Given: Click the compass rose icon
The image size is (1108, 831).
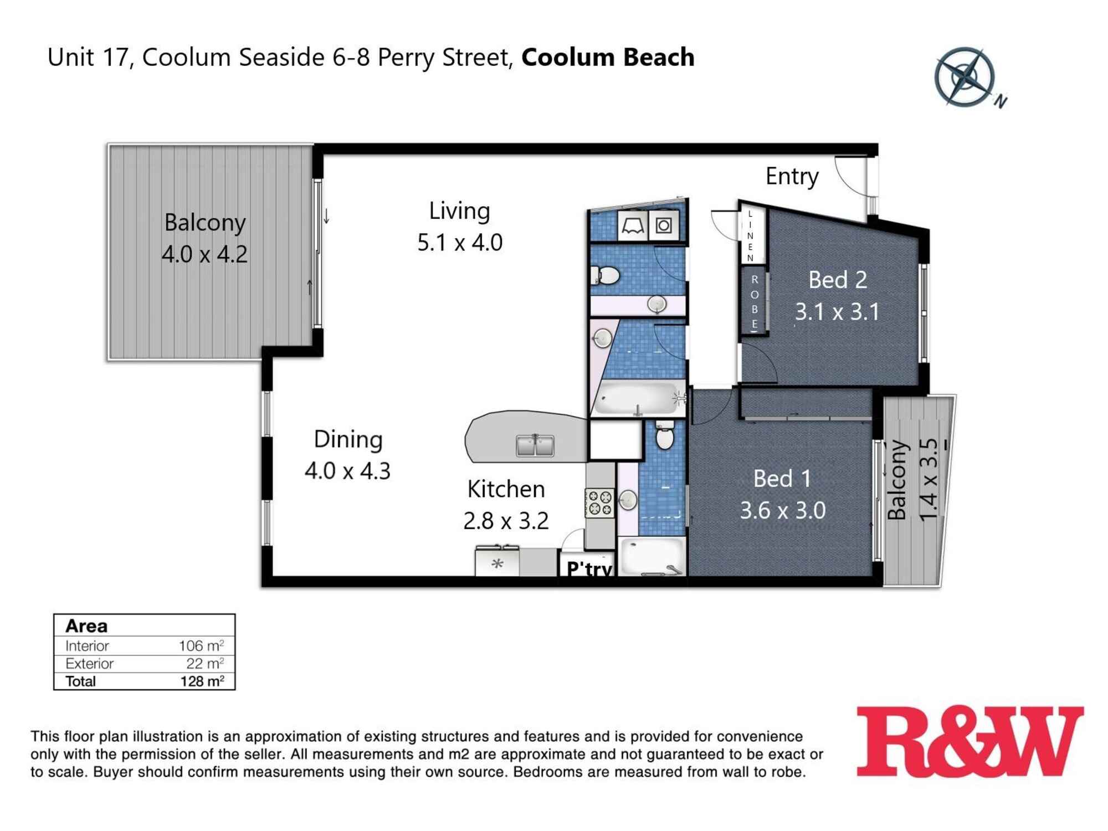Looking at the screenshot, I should tap(965, 76).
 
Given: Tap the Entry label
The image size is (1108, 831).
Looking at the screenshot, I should tap(792, 176).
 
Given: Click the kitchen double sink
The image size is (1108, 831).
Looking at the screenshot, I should tap(535, 445).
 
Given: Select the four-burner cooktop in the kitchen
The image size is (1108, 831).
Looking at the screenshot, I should tap(599, 502).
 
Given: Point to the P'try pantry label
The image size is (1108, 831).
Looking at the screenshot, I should tap(589, 568).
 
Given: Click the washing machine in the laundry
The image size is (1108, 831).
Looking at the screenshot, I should tap(664, 225).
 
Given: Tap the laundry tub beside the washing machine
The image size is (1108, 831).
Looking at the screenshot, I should tap(631, 225).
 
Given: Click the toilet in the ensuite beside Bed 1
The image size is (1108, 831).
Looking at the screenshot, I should tap(665, 435).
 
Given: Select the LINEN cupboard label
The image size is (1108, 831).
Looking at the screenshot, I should tap(751, 236).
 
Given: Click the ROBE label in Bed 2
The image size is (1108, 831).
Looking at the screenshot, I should tap(754, 302).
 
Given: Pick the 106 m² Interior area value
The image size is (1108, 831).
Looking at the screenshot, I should tap(201, 645).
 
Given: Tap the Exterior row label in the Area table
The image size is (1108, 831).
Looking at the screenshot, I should tap(89, 663).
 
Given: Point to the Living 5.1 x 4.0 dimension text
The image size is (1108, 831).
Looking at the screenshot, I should tap(460, 243).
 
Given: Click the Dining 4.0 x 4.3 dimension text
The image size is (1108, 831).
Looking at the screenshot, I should tap(347, 471).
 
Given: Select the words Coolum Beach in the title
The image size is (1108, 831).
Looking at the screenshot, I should tap(608, 58).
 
